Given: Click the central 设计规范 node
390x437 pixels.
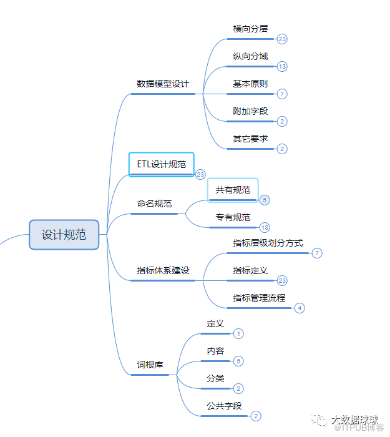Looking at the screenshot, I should (64, 235).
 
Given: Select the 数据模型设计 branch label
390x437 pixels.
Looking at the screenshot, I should (163, 84).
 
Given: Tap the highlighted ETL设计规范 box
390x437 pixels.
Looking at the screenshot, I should (162, 164).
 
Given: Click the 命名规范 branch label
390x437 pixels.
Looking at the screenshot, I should (155, 204).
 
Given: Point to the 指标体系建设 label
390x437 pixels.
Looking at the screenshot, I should (163, 270).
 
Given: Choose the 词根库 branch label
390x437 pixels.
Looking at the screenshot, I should (150, 364).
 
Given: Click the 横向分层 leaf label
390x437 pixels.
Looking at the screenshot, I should (250, 29).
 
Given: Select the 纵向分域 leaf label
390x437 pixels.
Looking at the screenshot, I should (250, 56).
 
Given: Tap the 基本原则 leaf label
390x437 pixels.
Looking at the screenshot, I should (250, 84).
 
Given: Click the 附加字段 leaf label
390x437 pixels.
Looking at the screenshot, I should (250, 111).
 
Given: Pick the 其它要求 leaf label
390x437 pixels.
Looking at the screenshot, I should (250, 139).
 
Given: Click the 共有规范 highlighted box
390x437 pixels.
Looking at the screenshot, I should (233, 190).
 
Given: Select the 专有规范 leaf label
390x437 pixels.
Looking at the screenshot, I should (233, 217).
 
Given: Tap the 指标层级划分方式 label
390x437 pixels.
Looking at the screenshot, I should (268, 243).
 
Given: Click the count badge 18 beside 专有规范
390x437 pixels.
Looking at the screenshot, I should (265, 227).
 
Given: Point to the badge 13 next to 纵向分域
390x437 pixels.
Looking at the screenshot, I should (282, 66).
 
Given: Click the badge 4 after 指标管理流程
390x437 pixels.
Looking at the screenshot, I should (300, 308).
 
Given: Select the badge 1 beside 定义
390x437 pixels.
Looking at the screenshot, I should (238, 334).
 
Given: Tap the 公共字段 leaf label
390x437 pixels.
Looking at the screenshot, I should (224, 406).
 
